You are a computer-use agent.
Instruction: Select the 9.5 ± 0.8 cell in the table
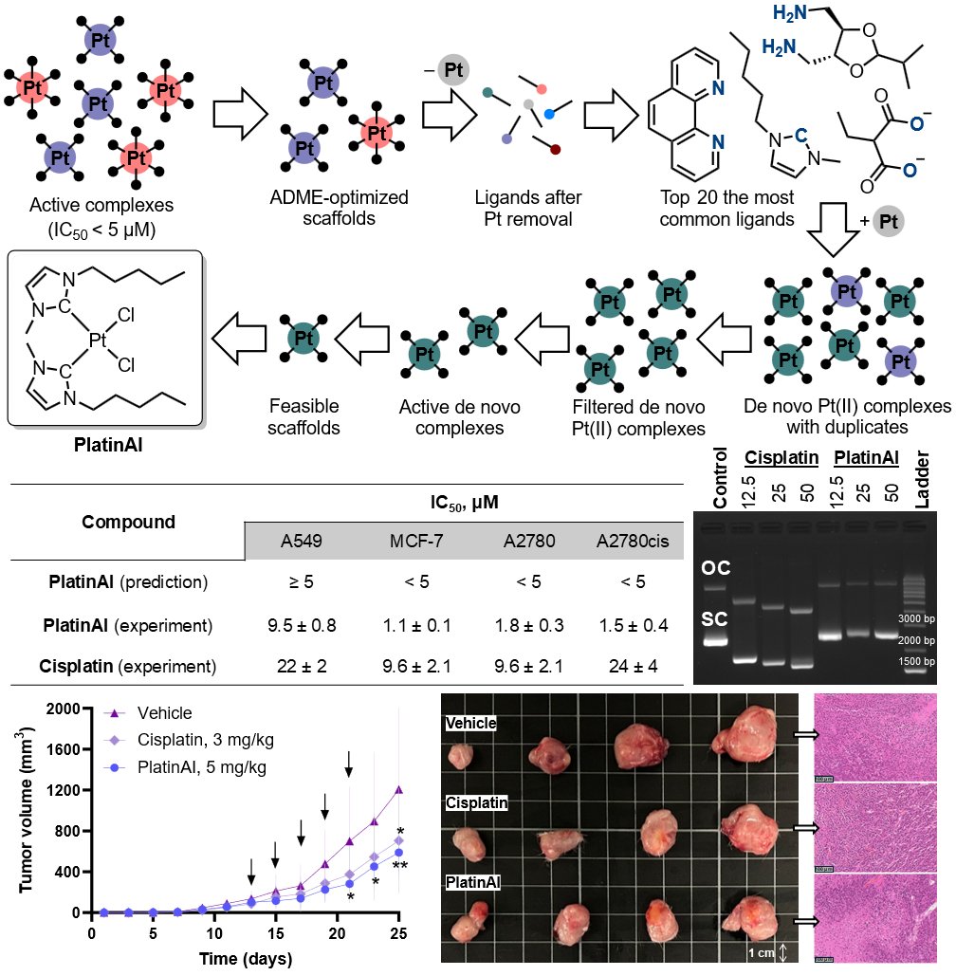click(x=295, y=626)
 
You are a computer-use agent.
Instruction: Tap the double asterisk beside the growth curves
click(x=400, y=866)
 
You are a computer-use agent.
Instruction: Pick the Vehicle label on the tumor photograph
click(x=472, y=723)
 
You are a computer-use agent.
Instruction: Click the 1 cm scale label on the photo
click(x=761, y=952)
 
